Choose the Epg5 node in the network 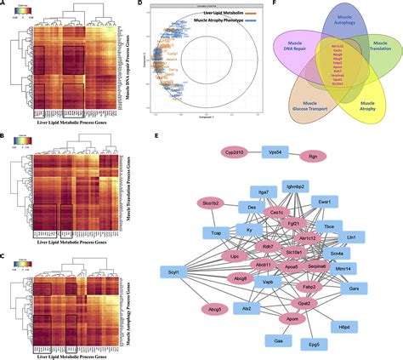pos(319,346)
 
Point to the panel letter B pos(6,124)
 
